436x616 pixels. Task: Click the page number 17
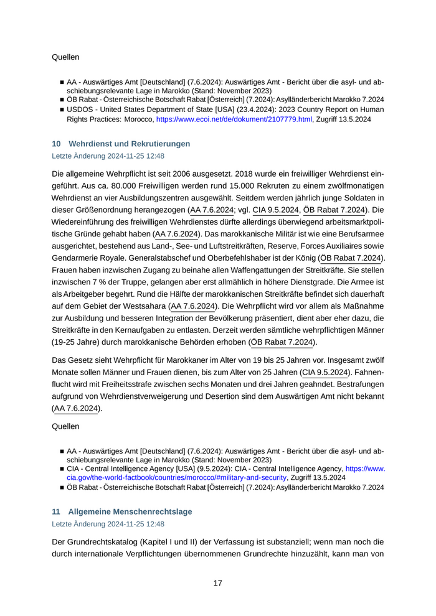(x=218, y=583)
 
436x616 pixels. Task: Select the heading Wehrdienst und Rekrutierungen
(x=129, y=144)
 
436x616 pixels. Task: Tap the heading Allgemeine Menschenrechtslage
(x=130, y=511)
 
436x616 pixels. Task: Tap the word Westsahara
(x=146, y=307)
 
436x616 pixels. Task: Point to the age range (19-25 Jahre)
(x=76, y=342)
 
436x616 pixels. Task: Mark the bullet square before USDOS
(x=62, y=110)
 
